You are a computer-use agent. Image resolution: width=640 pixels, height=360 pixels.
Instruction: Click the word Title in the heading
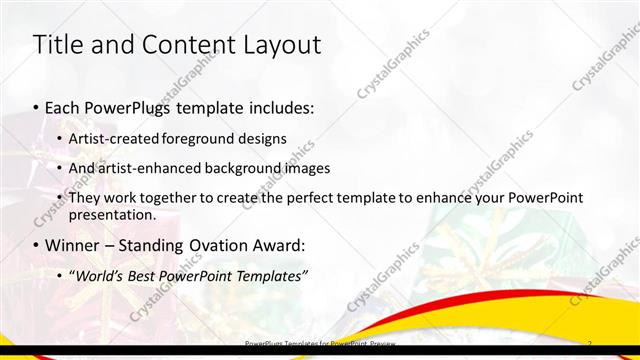coord(57,45)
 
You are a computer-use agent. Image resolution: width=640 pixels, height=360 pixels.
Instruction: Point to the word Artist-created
coord(112,138)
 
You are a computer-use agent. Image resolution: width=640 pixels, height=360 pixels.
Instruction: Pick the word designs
coord(262,138)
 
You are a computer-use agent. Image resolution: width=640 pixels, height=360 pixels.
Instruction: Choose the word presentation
coord(111,215)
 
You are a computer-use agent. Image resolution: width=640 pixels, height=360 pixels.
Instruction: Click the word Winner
coord(75,245)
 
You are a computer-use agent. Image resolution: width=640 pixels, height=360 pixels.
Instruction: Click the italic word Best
coord(147,275)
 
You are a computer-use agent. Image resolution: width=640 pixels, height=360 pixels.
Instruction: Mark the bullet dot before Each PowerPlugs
coord(37,107)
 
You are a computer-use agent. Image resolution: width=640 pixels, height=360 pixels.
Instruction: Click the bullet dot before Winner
coord(37,245)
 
